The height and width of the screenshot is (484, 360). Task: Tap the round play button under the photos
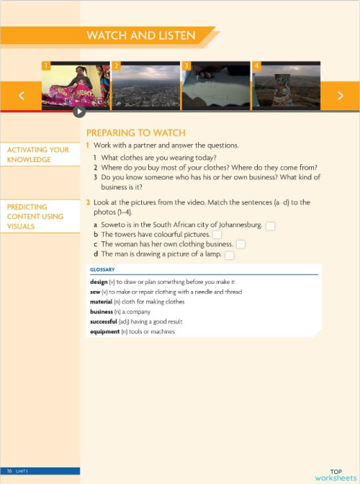[79, 112]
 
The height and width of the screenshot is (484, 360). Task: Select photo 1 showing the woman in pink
[76, 86]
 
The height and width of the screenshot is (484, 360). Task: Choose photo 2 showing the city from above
[145, 86]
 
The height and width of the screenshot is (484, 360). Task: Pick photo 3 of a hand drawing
[215, 86]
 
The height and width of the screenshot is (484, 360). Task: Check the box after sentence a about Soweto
[270, 226]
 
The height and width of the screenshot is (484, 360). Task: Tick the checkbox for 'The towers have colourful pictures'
[217, 235]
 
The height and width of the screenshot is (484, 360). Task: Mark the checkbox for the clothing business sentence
[240, 245]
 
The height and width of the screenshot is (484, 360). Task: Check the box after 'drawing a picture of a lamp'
[229, 255]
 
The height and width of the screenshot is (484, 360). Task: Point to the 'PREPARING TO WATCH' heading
[135, 133]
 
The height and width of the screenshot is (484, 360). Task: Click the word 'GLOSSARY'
[102, 270]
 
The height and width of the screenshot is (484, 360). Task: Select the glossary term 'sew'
[95, 292]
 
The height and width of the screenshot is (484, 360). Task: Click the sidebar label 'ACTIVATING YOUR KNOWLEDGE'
[38, 155]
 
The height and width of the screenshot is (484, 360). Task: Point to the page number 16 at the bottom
[10, 470]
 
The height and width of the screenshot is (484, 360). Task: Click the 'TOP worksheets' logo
[335, 475]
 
